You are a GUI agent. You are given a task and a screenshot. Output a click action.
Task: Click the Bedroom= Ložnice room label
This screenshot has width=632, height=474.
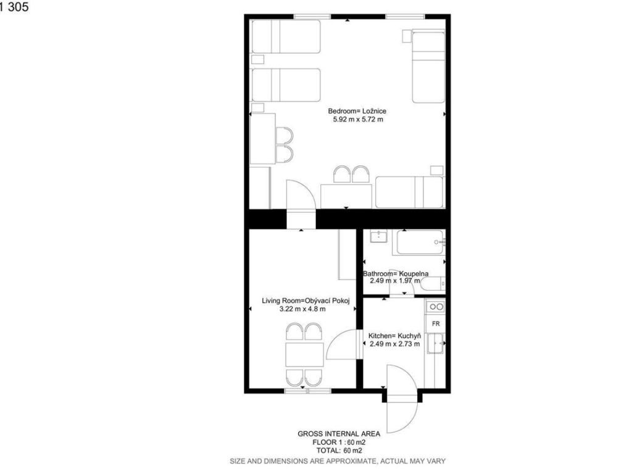(x=357, y=111)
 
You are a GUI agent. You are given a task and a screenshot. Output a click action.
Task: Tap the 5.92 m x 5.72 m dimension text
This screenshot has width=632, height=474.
(x=358, y=119)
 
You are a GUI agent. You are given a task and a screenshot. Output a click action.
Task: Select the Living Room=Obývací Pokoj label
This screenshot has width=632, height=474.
(x=306, y=301)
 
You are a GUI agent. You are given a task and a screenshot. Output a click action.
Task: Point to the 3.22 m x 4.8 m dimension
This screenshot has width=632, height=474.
(x=302, y=309)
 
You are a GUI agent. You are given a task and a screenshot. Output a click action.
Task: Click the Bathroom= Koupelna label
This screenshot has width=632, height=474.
(x=396, y=273)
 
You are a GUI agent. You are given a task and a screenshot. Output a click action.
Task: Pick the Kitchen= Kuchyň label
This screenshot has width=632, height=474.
(x=394, y=336)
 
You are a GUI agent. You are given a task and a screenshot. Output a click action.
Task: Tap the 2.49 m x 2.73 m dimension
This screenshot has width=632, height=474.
(x=394, y=344)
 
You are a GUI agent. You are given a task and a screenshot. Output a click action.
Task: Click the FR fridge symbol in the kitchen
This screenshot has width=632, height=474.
(x=436, y=323)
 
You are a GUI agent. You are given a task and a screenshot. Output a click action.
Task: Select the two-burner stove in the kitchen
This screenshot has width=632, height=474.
(x=436, y=307)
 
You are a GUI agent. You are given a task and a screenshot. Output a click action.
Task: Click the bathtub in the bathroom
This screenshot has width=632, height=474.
(x=421, y=242)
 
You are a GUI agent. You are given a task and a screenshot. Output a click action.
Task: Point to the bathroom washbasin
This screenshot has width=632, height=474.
(x=378, y=236)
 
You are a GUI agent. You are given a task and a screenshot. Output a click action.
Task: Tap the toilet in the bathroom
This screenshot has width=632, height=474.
(x=433, y=284)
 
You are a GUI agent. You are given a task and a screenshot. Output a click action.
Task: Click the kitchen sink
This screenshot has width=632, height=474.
(x=436, y=343)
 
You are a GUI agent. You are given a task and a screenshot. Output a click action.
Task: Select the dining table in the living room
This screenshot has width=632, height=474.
(x=304, y=354)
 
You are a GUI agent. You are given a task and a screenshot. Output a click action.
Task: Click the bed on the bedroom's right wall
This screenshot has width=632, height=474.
(x=428, y=67)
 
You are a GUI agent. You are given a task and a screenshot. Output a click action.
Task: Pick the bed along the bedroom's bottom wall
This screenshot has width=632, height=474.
(x=410, y=193)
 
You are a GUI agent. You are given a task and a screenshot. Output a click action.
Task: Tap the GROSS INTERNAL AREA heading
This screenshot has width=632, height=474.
(x=339, y=434)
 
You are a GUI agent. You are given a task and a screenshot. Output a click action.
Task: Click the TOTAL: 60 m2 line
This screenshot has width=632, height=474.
(x=339, y=451)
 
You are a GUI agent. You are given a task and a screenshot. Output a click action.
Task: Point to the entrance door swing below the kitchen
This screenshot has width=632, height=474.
(x=402, y=399)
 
